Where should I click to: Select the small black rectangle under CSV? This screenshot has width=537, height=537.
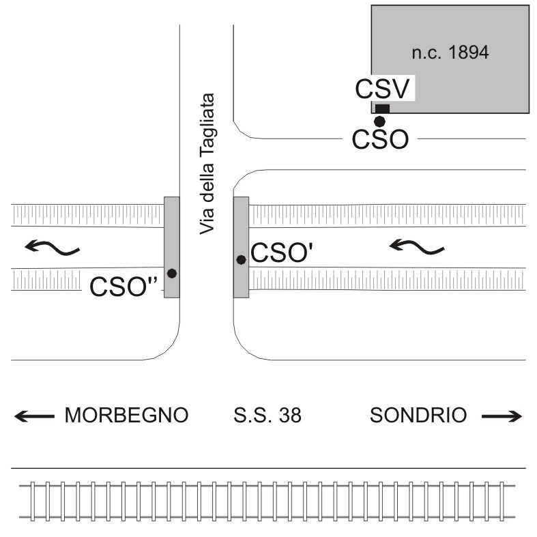382,108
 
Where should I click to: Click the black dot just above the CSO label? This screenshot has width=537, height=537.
379,121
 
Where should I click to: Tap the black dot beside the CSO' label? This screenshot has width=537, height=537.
241,259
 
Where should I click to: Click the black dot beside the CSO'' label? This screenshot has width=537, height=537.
172,273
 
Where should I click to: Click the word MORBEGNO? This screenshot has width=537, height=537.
126,415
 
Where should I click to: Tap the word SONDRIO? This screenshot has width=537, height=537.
419,415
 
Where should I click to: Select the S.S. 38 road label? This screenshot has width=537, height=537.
267,415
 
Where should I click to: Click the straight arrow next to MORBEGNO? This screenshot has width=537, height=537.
34,416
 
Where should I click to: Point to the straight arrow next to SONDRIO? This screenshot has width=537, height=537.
502,416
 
